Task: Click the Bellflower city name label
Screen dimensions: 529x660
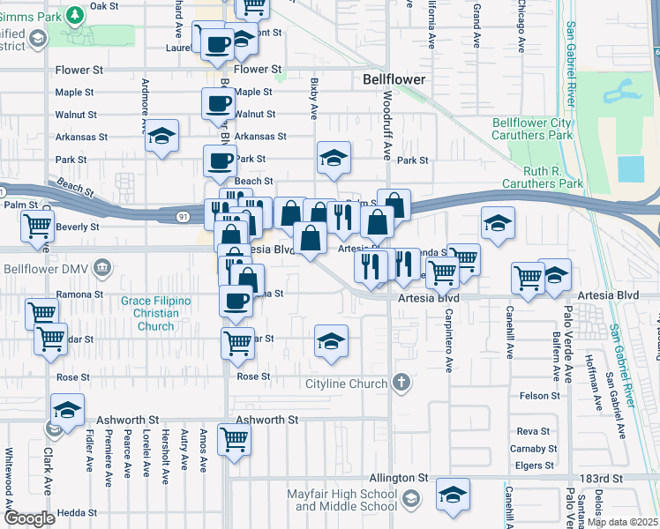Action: [x=394, y=79]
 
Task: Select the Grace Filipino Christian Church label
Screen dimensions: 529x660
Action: [x=155, y=313]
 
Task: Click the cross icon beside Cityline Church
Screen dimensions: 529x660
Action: [x=401, y=383]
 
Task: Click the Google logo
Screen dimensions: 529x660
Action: [x=29, y=518]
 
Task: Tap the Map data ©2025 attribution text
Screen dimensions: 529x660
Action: [x=622, y=522]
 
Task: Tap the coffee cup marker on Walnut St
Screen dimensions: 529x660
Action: [x=218, y=104]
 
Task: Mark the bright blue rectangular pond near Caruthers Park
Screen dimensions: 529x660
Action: [x=631, y=168]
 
